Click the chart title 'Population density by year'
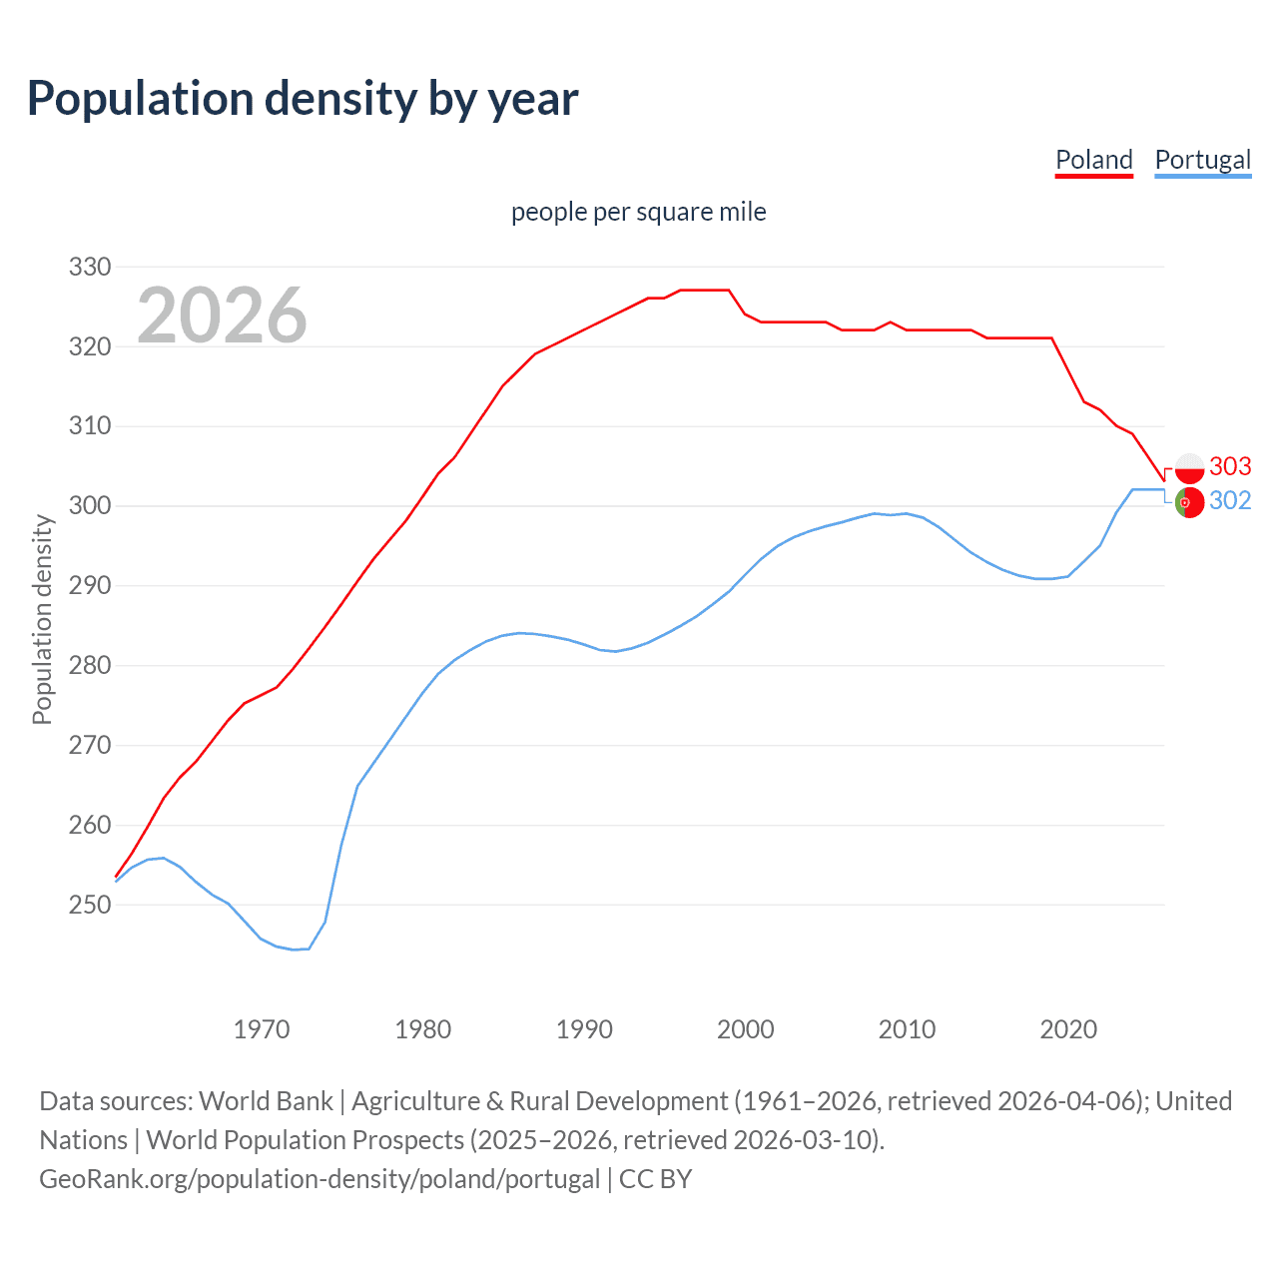tap(303, 99)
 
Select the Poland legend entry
tap(1094, 160)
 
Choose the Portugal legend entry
tap(1202, 160)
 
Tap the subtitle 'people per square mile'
tap(638, 212)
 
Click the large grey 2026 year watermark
tap(222, 316)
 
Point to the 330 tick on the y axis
tap(89, 267)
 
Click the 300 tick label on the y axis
tap(89, 506)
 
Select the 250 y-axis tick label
tap(89, 905)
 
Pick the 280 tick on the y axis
tap(89, 665)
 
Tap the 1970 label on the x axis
tap(262, 1029)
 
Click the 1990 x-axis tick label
tap(584, 1029)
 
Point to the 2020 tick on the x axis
tap(1068, 1029)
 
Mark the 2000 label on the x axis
tap(746, 1029)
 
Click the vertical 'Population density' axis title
tap(42, 619)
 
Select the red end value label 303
tap(1230, 466)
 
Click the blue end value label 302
tap(1230, 500)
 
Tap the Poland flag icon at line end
tap(1189, 468)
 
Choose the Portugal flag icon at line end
tap(1188, 503)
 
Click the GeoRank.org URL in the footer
tap(319, 1179)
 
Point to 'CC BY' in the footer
tap(655, 1179)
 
